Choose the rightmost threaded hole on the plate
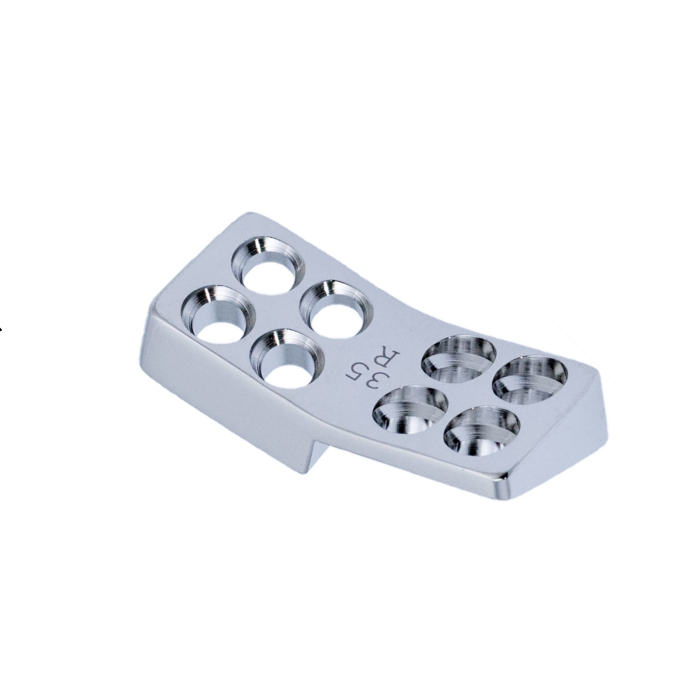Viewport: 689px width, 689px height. pyautogui.click(x=530, y=376)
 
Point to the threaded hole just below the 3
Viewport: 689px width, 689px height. pyautogui.click(x=411, y=411)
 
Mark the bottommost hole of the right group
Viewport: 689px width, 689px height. pyautogui.click(x=481, y=430)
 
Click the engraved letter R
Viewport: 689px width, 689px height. pyautogui.click(x=390, y=358)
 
